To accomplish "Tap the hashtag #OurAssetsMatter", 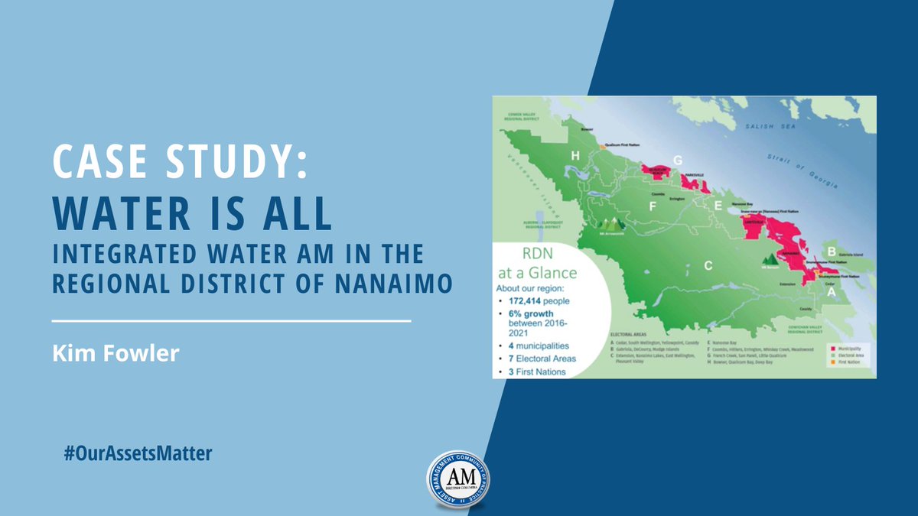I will click(x=138, y=453).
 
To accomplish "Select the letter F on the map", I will click(x=653, y=206).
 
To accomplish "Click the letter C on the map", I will click(x=708, y=266).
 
